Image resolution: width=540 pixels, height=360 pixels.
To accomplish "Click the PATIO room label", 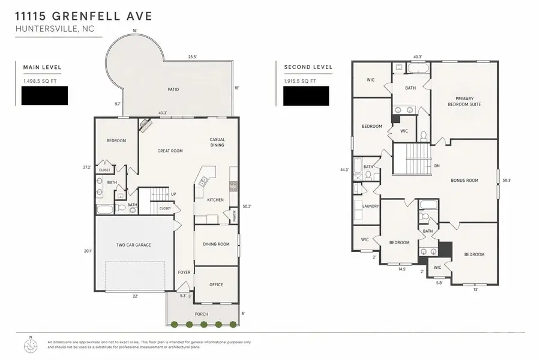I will (173, 89).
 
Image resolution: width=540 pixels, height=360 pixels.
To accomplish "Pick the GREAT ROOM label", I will (170, 151).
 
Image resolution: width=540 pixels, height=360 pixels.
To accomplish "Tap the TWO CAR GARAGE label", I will (134, 245).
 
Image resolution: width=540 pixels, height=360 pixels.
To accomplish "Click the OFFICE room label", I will (216, 284).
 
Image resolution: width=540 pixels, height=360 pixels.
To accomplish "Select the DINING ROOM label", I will (216, 244).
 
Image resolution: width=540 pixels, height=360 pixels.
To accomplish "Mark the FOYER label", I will (184, 272).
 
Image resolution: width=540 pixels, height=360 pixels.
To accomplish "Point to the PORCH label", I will (201, 314).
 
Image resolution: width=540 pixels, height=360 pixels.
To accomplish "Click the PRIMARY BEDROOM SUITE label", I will (468, 101).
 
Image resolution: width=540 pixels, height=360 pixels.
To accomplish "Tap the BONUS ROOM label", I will (464, 180).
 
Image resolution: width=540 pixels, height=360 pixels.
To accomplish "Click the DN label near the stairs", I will (436, 166).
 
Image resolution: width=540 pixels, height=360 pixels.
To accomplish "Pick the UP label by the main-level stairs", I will (174, 194).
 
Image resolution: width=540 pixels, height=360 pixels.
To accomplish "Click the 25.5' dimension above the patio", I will (192, 57).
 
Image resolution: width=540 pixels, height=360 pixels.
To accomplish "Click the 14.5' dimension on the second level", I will (401, 269).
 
